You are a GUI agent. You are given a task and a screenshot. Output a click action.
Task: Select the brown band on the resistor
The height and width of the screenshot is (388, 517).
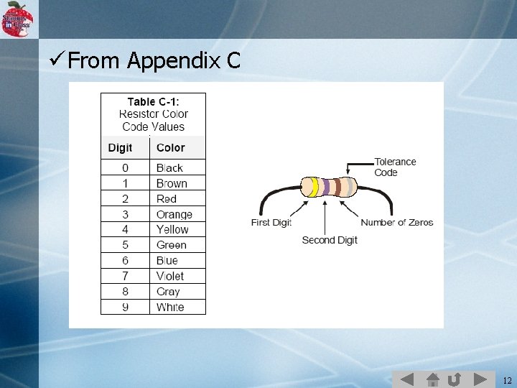336,188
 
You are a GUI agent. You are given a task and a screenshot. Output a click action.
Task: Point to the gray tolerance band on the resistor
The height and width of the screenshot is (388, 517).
349,188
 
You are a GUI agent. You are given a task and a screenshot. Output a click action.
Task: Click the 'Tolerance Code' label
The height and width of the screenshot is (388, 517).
395,167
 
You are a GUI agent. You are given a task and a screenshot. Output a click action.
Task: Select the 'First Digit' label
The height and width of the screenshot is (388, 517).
271,223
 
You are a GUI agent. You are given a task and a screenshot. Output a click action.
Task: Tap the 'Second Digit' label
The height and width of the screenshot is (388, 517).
330,240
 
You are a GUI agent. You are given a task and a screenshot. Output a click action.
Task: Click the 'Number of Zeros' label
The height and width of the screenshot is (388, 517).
397,223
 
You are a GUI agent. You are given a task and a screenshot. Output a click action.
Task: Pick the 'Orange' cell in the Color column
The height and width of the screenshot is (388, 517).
174,214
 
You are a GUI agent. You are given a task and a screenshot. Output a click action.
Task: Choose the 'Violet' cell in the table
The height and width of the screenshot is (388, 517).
170,276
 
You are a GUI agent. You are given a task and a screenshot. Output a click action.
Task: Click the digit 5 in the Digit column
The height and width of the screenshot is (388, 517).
125,245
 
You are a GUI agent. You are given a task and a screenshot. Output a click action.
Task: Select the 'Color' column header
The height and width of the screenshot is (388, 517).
171,148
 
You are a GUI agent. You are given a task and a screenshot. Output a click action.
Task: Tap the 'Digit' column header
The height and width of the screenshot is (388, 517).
120,148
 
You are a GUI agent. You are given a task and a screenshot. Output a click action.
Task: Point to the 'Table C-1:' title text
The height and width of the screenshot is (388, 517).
153,101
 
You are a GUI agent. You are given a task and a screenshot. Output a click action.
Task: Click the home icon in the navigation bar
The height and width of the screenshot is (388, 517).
432,379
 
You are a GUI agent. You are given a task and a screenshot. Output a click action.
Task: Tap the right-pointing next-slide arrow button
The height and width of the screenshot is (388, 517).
479,379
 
